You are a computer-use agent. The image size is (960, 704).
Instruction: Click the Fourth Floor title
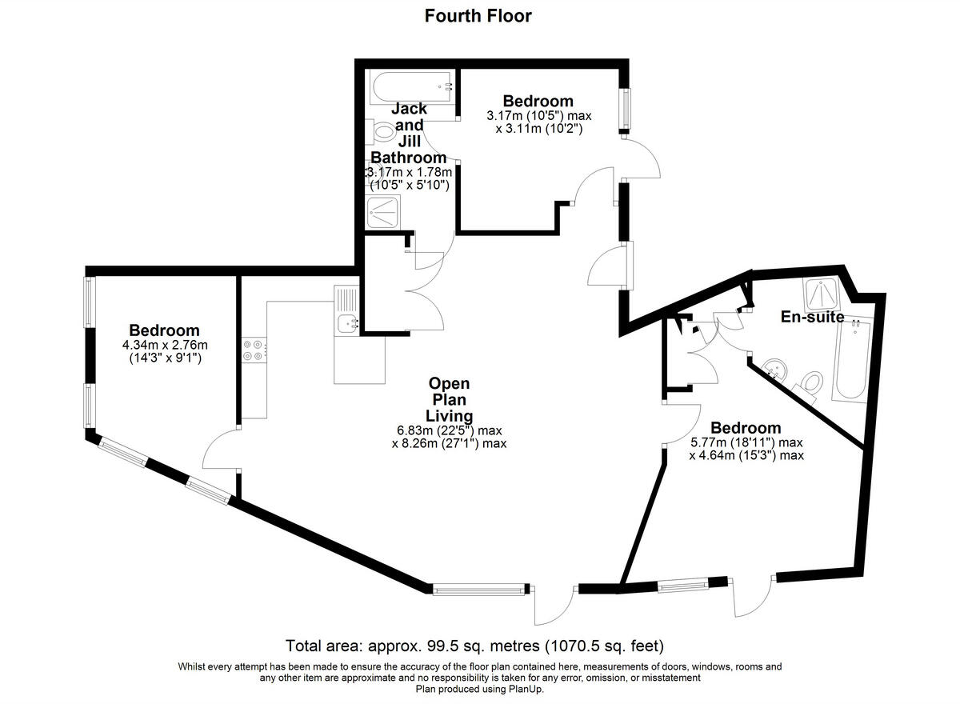[x=478, y=15]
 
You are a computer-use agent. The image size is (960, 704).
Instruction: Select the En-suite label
[x=812, y=317]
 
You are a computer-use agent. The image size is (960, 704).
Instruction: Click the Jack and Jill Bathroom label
[x=409, y=133]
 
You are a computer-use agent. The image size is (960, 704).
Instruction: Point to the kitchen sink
[x=347, y=322]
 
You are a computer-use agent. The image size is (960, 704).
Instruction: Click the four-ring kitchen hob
[x=254, y=349]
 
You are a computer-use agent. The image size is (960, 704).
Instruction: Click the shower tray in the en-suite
[x=821, y=294]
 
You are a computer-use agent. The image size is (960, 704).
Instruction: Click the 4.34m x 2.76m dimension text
[x=164, y=346]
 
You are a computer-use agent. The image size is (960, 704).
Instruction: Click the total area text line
[x=476, y=645]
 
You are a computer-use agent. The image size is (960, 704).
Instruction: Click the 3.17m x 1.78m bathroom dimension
[x=409, y=172]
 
